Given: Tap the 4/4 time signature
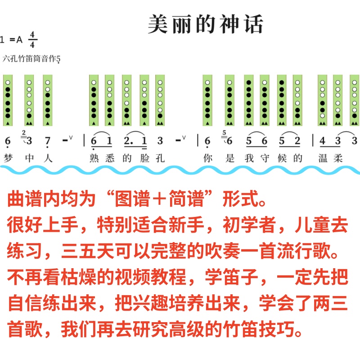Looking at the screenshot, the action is [x=32, y=40].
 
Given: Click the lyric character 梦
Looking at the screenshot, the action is [x=7, y=158].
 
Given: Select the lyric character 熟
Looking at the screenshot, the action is [x=94, y=158].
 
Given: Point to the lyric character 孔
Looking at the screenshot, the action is [x=160, y=158].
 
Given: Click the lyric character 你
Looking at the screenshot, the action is [x=207, y=158].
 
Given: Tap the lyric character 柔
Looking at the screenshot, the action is [x=338, y=158].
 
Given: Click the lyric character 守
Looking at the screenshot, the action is [x=265, y=158].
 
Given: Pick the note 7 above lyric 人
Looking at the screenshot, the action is [x=47, y=141].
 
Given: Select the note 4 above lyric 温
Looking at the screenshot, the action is [x=322, y=141].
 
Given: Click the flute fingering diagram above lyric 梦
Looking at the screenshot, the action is [x=8, y=100].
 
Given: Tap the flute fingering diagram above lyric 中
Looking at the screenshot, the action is [x=29, y=100].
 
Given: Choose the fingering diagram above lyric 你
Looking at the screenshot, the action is [x=207, y=100].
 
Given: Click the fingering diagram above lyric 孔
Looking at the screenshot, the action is [x=160, y=100].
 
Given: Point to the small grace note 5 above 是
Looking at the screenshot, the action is [x=224, y=132].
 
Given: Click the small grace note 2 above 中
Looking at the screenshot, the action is [x=23, y=132].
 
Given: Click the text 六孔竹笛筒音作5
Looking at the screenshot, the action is [x=31, y=58].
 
